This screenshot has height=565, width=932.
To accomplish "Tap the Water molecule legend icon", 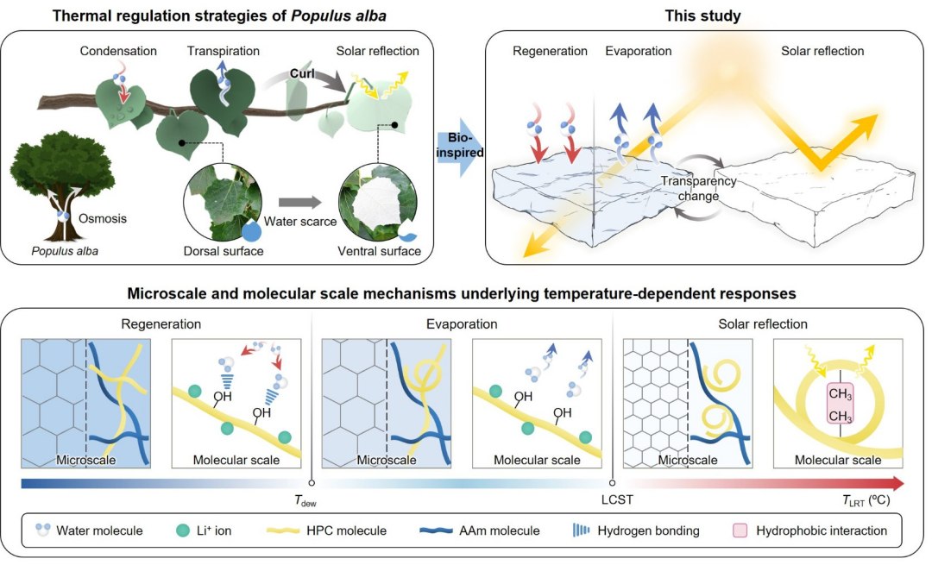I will click(x=39, y=530).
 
